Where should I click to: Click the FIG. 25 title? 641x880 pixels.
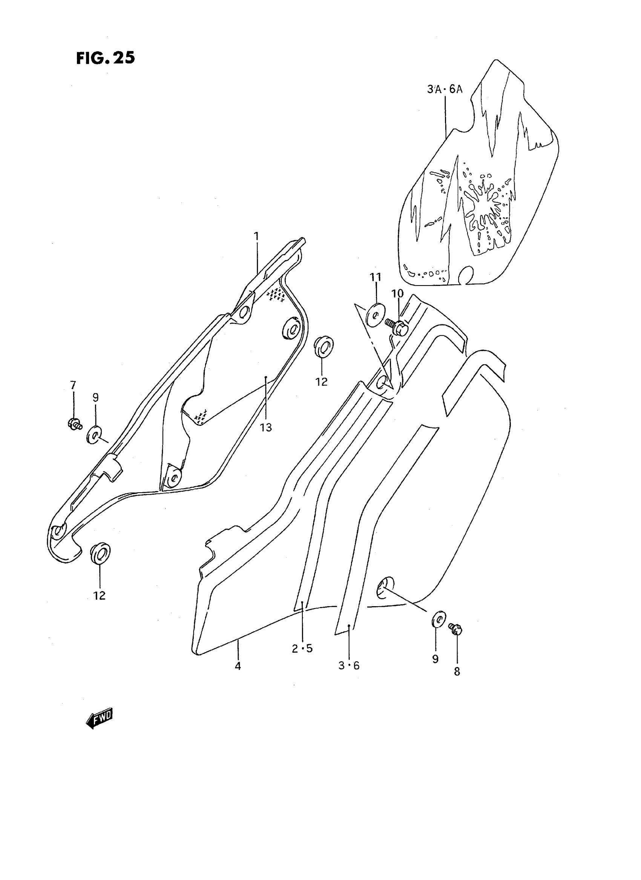tap(105, 58)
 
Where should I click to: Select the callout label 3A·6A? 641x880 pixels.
tap(445, 90)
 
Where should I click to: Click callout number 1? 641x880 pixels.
tap(256, 236)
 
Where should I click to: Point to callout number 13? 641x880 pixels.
tap(266, 427)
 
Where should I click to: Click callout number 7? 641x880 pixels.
tap(73, 385)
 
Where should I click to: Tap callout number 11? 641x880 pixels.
tap(375, 277)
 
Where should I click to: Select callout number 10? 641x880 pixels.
tap(397, 293)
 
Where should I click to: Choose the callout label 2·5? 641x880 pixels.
tap(302, 648)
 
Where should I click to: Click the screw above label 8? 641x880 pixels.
tap(455, 628)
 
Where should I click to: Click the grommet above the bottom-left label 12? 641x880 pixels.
tap(100, 553)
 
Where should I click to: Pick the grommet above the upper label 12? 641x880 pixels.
tap(324, 347)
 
